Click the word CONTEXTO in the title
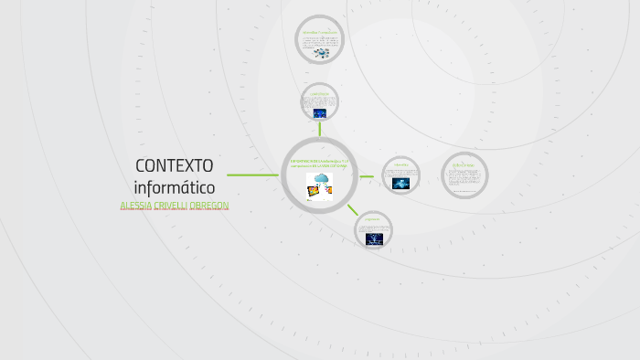point(174,165)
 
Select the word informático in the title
point(174,187)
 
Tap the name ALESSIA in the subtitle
point(139,206)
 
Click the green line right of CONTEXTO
point(252,175)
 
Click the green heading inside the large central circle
point(319,164)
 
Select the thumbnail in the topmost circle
point(321,53)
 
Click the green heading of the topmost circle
point(321,33)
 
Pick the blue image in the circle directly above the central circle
point(320,113)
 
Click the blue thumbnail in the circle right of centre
point(400,183)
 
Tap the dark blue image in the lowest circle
point(374,238)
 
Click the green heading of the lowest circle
point(373,220)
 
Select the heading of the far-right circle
point(464,164)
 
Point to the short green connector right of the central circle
point(367,175)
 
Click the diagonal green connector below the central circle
point(352,209)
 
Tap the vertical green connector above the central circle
point(320,130)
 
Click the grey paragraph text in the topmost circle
point(321,41)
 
